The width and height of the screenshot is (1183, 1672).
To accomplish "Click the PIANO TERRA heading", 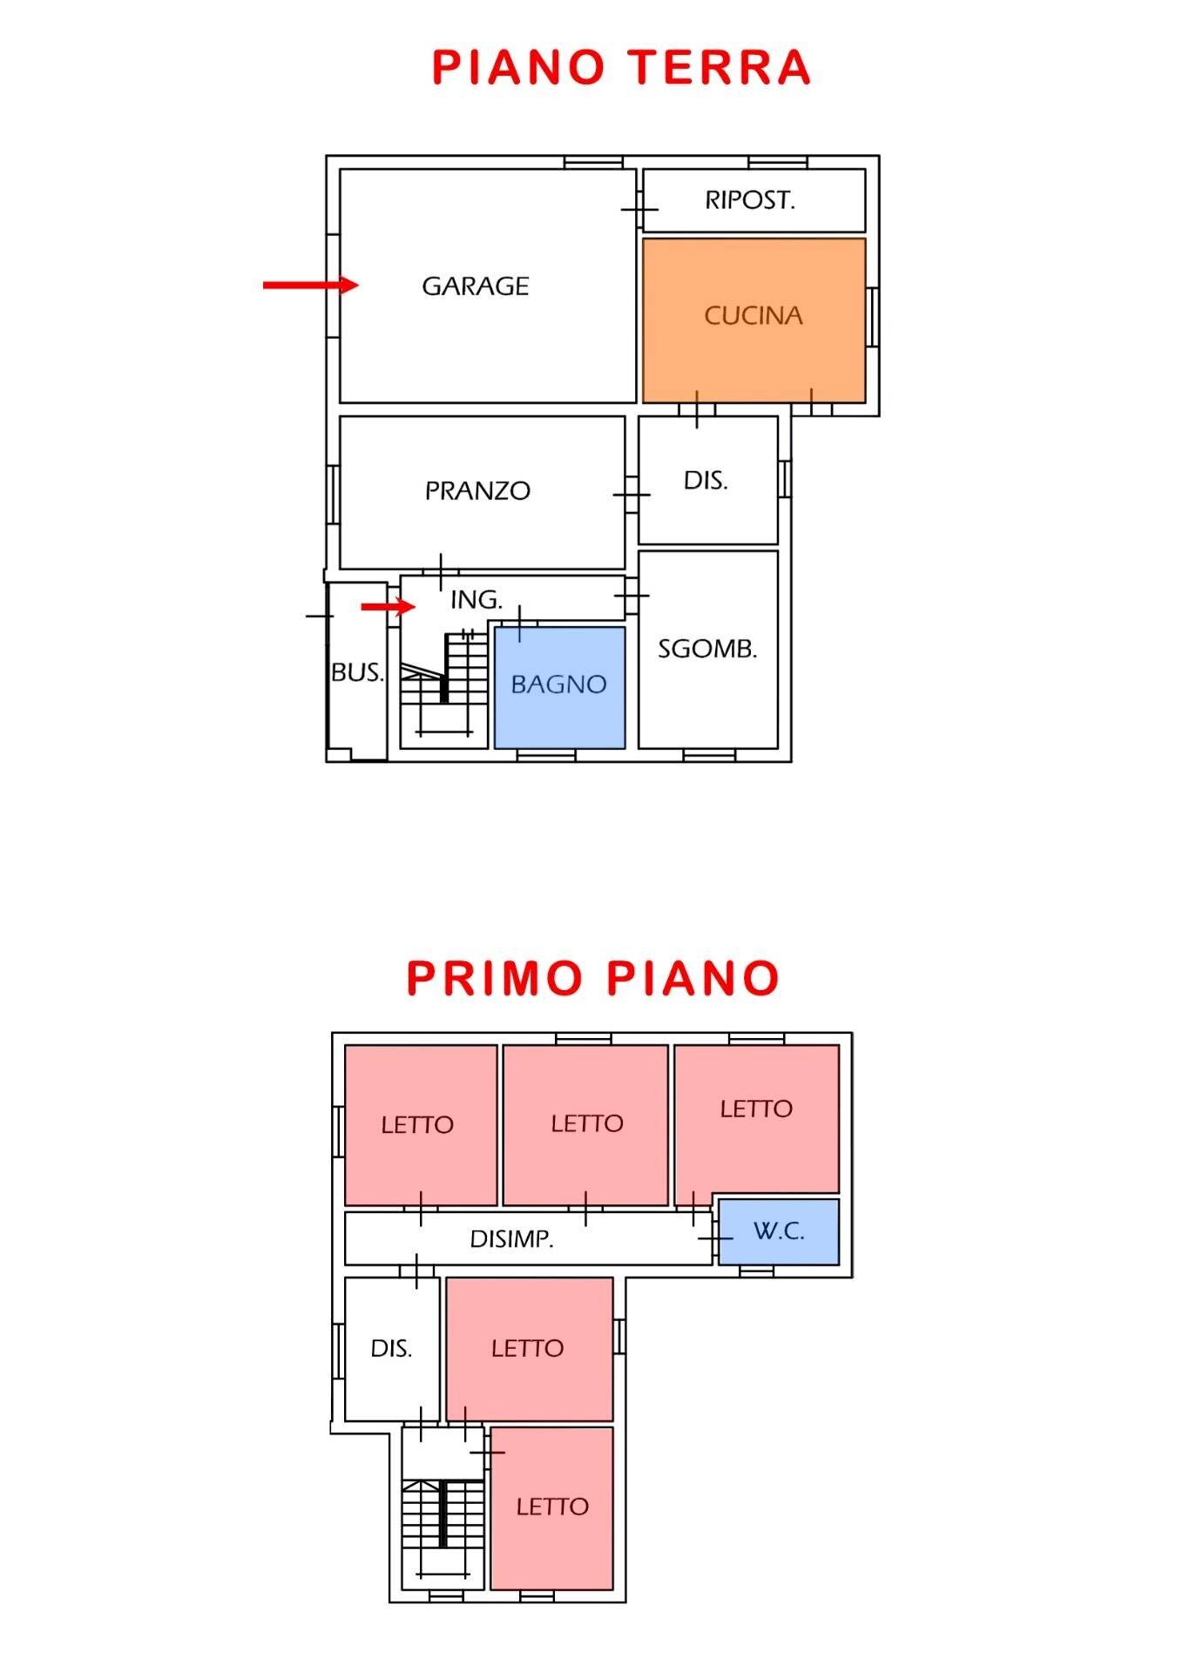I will [621, 68].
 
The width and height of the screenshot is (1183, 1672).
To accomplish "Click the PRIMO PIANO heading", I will [592, 978].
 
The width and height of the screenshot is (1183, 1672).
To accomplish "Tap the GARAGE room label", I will [475, 287].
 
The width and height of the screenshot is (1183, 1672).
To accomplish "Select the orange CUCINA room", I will [754, 316].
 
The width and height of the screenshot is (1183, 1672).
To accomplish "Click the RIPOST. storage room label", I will [750, 200].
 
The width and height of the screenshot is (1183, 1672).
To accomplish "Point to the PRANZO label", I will [477, 491].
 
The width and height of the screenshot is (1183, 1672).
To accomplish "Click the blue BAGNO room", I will [559, 685].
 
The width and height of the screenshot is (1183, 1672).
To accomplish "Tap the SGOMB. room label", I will [707, 649].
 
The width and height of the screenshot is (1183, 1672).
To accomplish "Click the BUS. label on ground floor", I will [357, 672].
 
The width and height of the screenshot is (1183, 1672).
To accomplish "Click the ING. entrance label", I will [477, 600].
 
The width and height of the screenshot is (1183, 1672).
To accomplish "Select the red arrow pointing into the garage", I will [310, 285].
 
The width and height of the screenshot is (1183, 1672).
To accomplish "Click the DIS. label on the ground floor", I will [706, 481].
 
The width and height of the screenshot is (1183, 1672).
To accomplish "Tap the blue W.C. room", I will [778, 1231].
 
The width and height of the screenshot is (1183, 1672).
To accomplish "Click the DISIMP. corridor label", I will [511, 1239].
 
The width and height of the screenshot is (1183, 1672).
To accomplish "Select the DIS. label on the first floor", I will [391, 1349].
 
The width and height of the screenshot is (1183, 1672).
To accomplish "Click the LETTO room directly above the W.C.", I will [756, 1109].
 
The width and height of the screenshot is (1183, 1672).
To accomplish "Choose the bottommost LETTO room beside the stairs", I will [552, 1507].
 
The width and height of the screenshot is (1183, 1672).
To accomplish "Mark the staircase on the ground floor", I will [444, 688].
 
